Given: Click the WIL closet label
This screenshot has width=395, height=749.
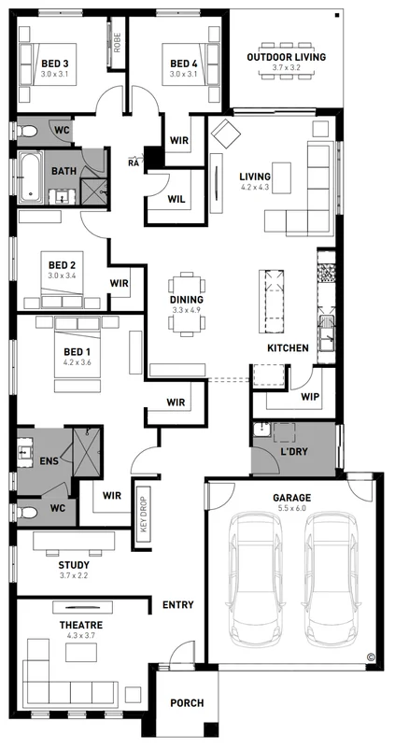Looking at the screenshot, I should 176,198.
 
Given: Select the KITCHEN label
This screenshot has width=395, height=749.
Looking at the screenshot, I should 288,347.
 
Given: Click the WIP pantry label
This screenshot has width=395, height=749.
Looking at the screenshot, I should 311,397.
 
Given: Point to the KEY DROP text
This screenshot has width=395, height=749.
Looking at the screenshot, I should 144,513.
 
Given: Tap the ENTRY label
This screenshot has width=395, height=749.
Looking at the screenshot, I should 177,605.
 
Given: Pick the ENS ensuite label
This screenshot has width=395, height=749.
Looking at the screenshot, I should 49,460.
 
